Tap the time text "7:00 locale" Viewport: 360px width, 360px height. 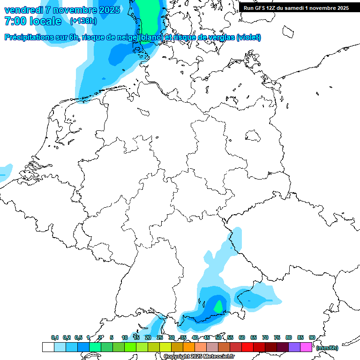[x=33, y=21]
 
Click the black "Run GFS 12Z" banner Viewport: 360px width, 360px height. [x=296, y=8]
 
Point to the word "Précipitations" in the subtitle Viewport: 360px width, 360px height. [x=28, y=37]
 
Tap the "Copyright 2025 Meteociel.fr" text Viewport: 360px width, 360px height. [x=199, y=357]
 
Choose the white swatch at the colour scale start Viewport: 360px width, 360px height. [x=48, y=347]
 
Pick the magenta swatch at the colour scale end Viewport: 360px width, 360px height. [x=306, y=347]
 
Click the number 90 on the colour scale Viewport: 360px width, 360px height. [x=312, y=337]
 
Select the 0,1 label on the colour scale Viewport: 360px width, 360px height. [x=54, y=337]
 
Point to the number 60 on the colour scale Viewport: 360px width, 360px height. [x=241, y=337]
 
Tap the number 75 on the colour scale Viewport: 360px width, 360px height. [x=277, y=337]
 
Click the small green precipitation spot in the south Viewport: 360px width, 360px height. [x=218, y=307]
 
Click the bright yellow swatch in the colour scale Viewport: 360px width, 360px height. [x=165, y=347]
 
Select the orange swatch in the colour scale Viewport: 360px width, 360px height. [x=189, y=347]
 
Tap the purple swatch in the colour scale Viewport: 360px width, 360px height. [x=294, y=347]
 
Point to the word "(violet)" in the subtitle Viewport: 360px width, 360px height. [x=248, y=37]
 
